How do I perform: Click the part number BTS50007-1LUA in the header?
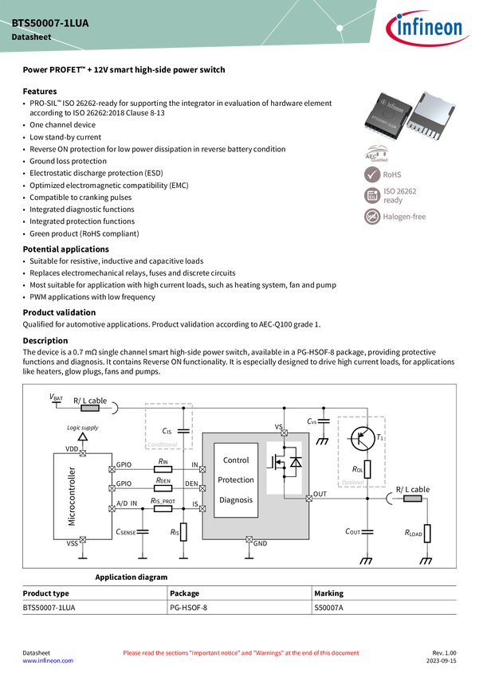point(50,24)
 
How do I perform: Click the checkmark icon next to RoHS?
point(372,173)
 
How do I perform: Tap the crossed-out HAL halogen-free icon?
point(372,217)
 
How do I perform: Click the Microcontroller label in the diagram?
point(72,496)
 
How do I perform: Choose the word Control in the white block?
point(236,460)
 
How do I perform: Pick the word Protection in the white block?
point(236,480)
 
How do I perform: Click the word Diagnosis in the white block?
point(236,500)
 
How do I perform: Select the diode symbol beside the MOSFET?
point(295,462)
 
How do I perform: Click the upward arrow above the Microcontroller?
point(82,436)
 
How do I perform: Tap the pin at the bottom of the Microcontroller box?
point(83,539)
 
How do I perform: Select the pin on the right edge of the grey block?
point(308,499)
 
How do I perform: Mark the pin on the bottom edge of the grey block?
point(249,539)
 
